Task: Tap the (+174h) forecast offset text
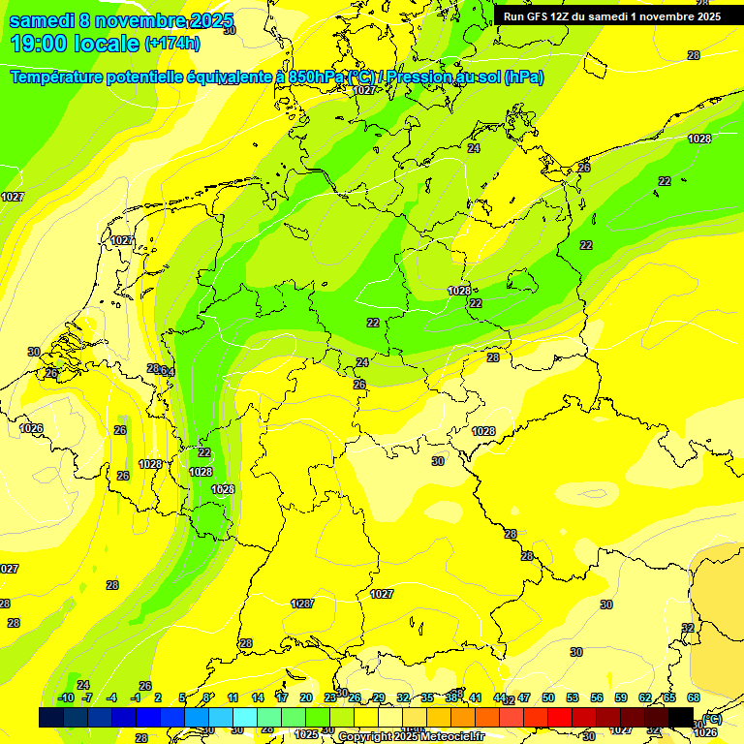click(x=172, y=44)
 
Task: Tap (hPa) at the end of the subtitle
click(x=523, y=77)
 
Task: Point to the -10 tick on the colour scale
click(x=66, y=697)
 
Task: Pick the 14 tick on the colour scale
click(x=258, y=697)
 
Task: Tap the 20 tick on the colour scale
click(x=306, y=697)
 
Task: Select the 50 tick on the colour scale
click(x=548, y=697)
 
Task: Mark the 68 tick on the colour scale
click(x=694, y=697)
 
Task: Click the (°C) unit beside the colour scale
click(x=711, y=718)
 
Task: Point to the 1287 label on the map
click(x=302, y=604)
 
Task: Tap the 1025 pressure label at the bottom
click(x=306, y=734)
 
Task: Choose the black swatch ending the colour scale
click(x=681, y=717)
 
